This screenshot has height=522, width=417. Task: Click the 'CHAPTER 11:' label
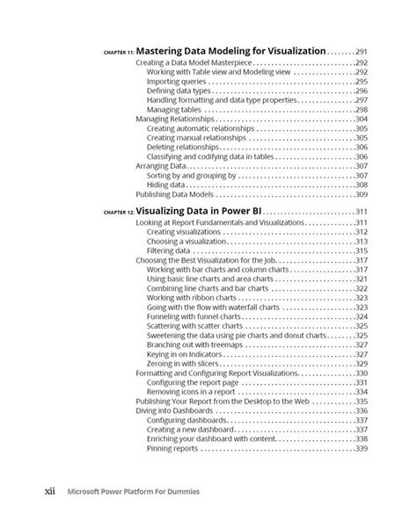[x=118, y=54]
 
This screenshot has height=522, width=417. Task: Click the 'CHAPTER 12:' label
[x=118, y=214]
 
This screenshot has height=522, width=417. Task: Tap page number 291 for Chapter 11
[x=361, y=52]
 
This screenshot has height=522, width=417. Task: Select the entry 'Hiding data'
[x=165, y=185]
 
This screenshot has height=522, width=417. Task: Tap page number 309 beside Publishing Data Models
[x=361, y=194]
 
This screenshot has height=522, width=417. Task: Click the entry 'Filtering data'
[x=169, y=250]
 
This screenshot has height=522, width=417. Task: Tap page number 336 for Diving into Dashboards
[x=361, y=410]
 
